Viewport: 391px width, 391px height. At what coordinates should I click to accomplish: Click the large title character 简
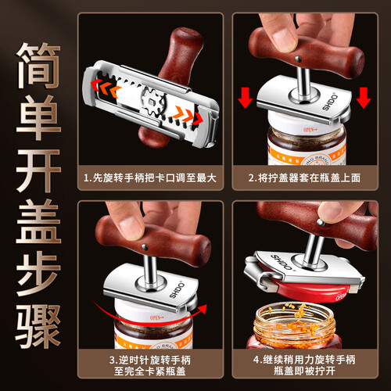[x=38, y=65]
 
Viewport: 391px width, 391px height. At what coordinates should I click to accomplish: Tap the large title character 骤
[x=38, y=326]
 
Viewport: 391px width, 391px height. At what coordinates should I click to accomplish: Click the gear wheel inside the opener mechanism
[x=154, y=102]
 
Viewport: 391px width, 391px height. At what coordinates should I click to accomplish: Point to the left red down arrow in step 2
[x=245, y=98]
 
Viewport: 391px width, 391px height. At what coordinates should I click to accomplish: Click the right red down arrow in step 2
[x=364, y=98]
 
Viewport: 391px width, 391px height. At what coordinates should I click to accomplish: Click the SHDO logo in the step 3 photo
[x=178, y=289]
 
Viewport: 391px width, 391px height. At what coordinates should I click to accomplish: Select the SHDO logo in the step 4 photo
[x=282, y=262]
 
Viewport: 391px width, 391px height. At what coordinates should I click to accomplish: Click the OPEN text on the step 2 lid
[x=310, y=130]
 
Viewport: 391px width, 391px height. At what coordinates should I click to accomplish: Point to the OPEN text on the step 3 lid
[x=156, y=317]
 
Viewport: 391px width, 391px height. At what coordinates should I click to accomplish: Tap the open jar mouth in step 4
[x=294, y=317]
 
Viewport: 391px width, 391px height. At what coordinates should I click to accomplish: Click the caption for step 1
[x=150, y=178]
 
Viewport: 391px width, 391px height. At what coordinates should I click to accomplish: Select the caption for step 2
[x=304, y=178]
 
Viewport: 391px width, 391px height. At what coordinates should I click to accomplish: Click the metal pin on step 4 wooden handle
[x=320, y=222]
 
